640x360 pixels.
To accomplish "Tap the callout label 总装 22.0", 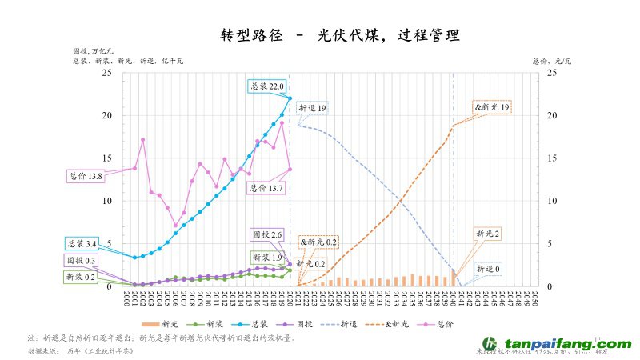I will pos(267,86).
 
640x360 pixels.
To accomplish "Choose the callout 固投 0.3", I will pos(81,261).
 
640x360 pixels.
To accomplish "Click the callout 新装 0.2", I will pos(81,277).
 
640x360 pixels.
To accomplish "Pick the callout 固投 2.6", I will pos(267,235).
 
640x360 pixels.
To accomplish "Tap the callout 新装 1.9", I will pos(267,258).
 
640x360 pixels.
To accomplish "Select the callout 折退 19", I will pos(312,107).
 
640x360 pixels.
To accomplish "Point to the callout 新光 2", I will pos(488,234).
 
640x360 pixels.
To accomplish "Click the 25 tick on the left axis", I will pos(106,74).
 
